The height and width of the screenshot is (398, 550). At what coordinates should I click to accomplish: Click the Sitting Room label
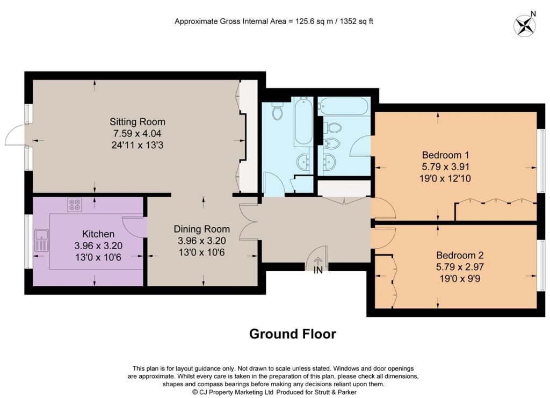pos(137,122)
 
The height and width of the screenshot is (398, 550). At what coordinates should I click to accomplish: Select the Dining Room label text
pos(202,229)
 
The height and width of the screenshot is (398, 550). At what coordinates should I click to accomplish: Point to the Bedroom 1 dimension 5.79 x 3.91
pos(445,167)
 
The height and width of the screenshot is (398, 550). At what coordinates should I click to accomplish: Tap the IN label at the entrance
pos(318,270)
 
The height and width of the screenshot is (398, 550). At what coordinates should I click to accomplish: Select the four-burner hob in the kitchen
pos(75,205)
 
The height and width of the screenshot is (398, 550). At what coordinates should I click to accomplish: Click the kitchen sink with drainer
pos(42,241)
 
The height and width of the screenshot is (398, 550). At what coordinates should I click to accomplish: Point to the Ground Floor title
pos(293,334)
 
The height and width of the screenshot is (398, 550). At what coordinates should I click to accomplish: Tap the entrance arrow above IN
pos(318,261)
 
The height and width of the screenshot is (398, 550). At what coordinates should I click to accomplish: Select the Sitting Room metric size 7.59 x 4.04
pos(137,134)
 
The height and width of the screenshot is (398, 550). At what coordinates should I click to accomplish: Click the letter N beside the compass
pos(533,14)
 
